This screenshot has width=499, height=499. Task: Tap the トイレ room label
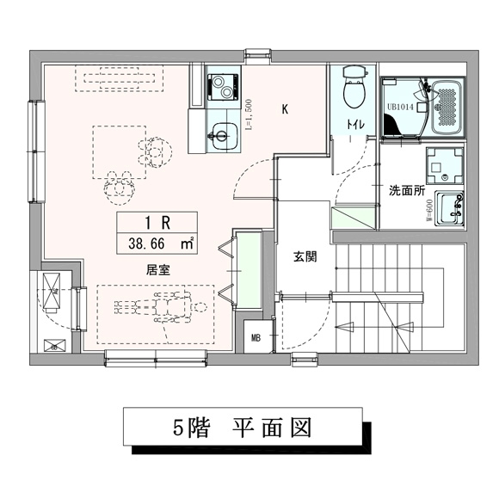coord(354,126)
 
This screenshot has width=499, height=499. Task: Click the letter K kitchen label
coord(286,108)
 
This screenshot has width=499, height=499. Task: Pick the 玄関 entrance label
coord(304,256)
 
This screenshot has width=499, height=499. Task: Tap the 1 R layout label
coord(161,222)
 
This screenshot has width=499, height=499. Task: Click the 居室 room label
coord(157,269)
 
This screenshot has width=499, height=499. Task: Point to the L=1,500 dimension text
coord(249,114)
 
